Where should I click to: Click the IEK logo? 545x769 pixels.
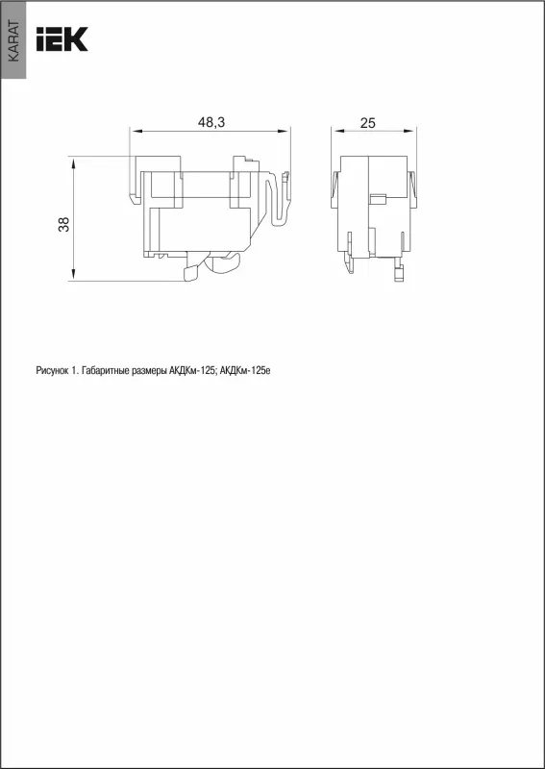pos(62,38)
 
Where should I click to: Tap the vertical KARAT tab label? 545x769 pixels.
pos(13,41)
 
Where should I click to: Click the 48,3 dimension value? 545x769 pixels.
pos(211,123)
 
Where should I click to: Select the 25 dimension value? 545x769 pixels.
pos(367,123)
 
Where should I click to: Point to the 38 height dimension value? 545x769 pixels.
pos(64,224)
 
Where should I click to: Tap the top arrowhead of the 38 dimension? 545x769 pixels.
pos(74,161)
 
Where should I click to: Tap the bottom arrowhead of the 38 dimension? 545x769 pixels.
pos(74,276)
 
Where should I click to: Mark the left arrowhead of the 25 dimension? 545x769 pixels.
pos(336,131)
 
